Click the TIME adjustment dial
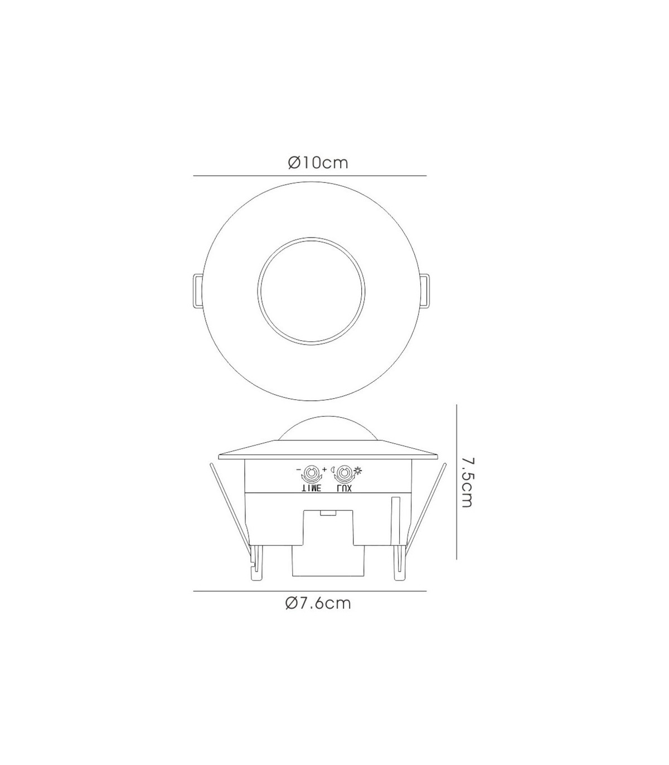(310, 474)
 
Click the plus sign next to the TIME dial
(324, 469)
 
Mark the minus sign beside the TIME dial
(298, 469)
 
